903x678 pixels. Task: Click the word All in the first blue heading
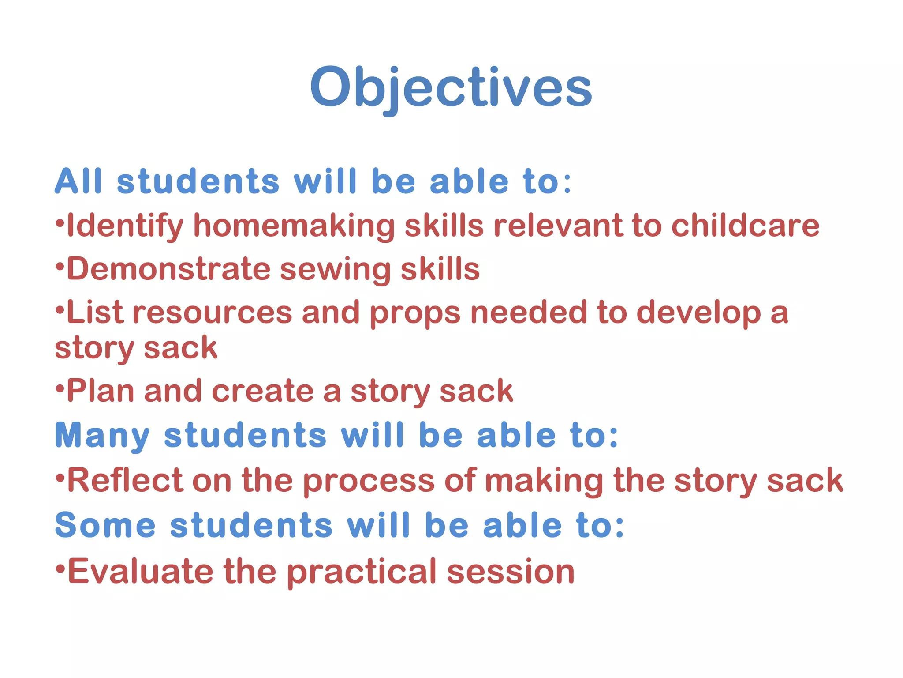tap(78, 181)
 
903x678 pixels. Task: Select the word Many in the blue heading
tap(102, 436)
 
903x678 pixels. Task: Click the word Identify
tap(125, 226)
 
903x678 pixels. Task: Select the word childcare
tap(745, 226)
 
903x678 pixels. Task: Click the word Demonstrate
tap(168, 269)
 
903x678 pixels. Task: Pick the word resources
tap(212, 313)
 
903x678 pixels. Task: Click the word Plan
tap(101, 391)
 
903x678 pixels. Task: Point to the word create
tap(262, 392)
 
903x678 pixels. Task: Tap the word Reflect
tap(125, 480)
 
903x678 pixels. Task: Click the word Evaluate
tap(140, 571)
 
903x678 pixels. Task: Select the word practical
tap(362, 572)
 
